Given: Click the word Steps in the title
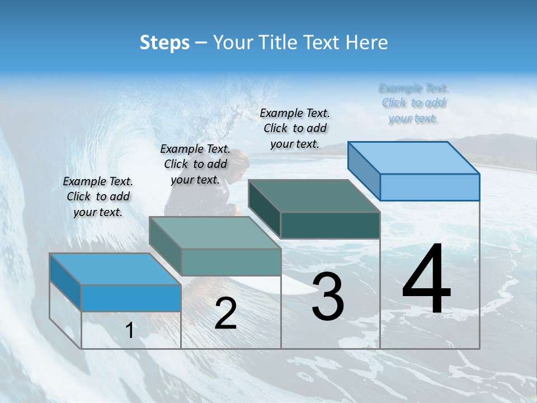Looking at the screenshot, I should pyautogui.click(x=164, y=43).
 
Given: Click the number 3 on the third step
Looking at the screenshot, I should pyautogui.click(x=328, y=297).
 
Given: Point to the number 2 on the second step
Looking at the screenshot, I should pyautogui.click(x=225, y=313).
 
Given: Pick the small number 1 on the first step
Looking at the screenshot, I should pyautogui.click(x=129, y=331).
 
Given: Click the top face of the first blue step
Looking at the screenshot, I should pyautogui.click(x=115, y=269).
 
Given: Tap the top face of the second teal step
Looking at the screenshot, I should pyautogui.click(x=215, y=232).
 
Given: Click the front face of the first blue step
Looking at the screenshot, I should pyautogui.click(x=131, y=298).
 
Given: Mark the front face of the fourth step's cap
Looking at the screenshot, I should pyautogui.click(x=430, y=187).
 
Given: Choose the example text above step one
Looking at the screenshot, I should pyautogui.click(x=98, y=196).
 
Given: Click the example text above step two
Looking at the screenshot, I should pyautogui.click(x=195, y=164).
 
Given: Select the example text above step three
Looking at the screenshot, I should pyautogui.click(x=295, y=128).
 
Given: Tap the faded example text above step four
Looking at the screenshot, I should pyautogui.click(x=414, y=103).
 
